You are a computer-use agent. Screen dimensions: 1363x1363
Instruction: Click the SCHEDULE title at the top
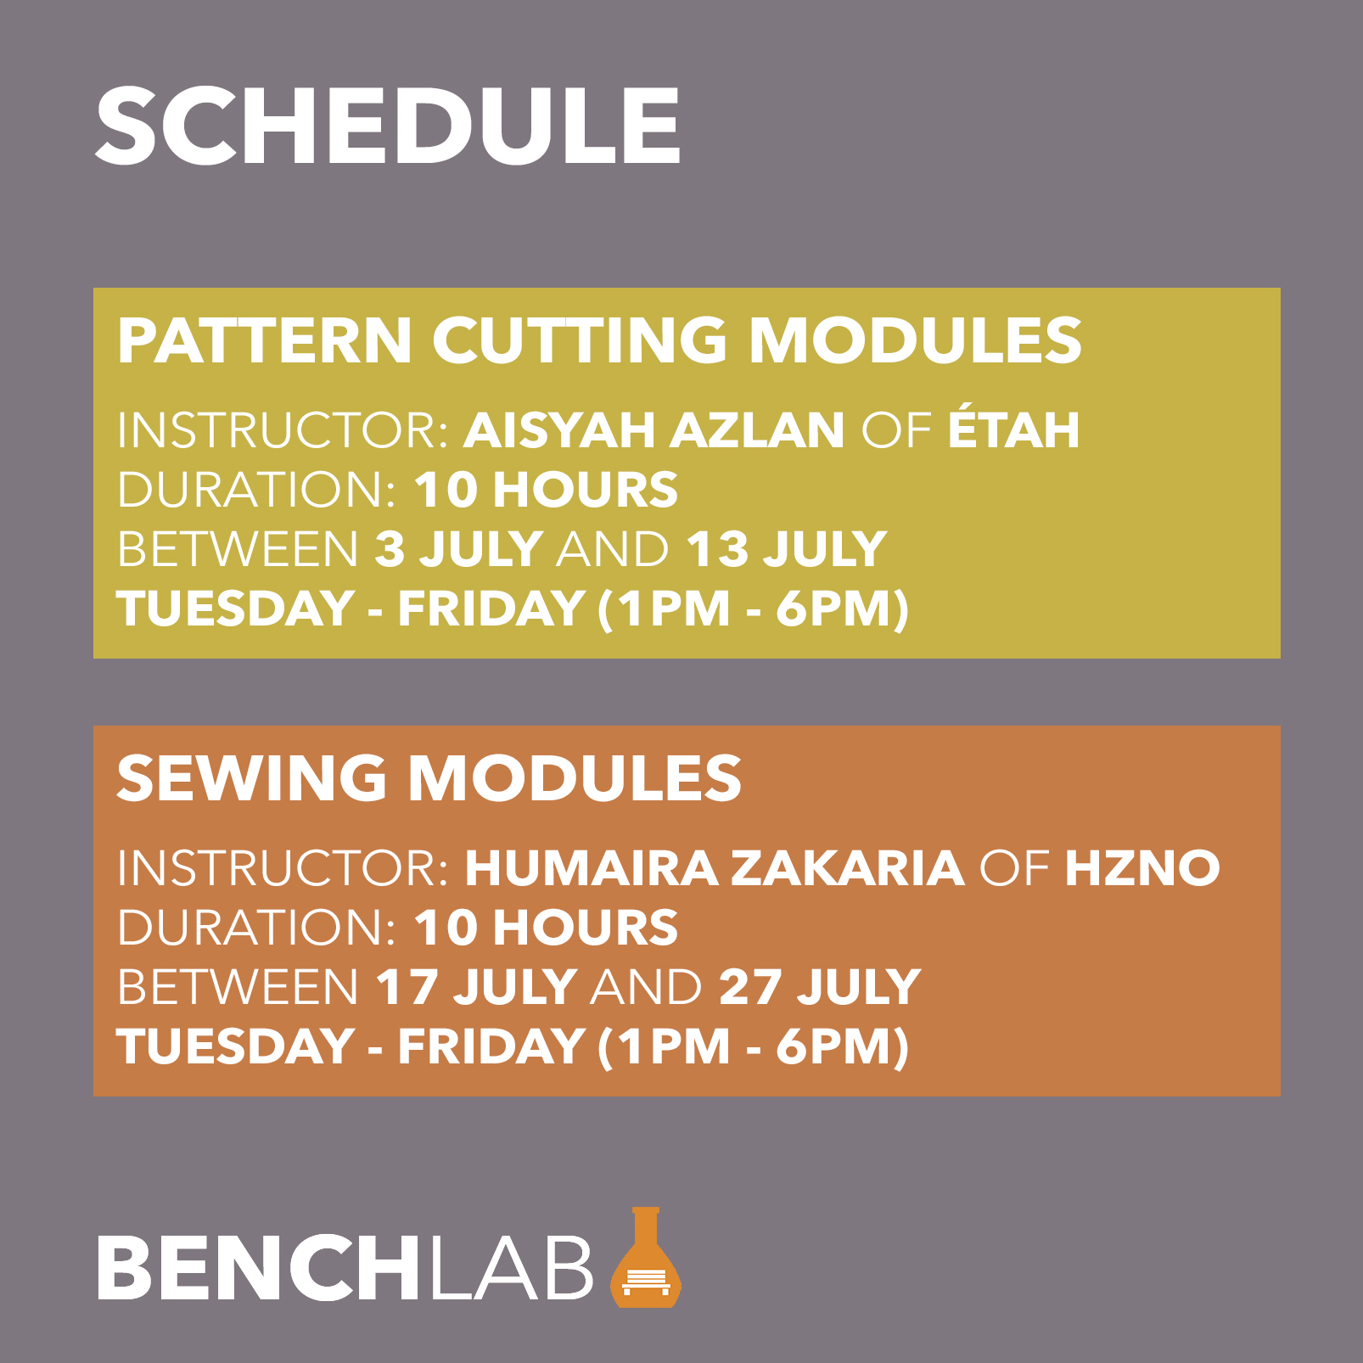[388, 126]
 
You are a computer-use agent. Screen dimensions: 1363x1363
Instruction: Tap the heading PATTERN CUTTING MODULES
[599, 340]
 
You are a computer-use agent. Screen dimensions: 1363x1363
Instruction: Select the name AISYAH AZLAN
[653, 429]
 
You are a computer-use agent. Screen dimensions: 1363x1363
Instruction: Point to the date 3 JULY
[458, 549]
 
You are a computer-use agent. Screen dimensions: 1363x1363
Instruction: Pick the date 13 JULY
[786, 549]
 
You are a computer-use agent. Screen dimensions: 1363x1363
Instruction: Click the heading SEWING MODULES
[429, 778]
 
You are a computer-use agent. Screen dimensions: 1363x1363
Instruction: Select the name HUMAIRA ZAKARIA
[715, 867]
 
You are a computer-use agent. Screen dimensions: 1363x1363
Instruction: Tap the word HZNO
[1142, 867]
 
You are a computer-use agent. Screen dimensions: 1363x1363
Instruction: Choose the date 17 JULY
[476, 986]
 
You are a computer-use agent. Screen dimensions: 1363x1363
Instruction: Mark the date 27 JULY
[820, 986]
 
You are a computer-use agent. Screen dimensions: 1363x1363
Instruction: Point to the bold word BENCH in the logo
[257, 1267]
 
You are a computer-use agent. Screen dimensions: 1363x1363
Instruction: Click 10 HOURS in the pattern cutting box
[547, 490]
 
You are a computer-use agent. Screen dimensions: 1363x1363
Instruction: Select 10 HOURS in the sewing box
[547, 927]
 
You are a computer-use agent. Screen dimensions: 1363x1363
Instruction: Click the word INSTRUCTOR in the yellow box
[283, 429]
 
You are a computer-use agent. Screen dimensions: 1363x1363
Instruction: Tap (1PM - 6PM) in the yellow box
[754, 609]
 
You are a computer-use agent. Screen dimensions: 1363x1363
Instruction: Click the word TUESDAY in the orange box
[235, 1046]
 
